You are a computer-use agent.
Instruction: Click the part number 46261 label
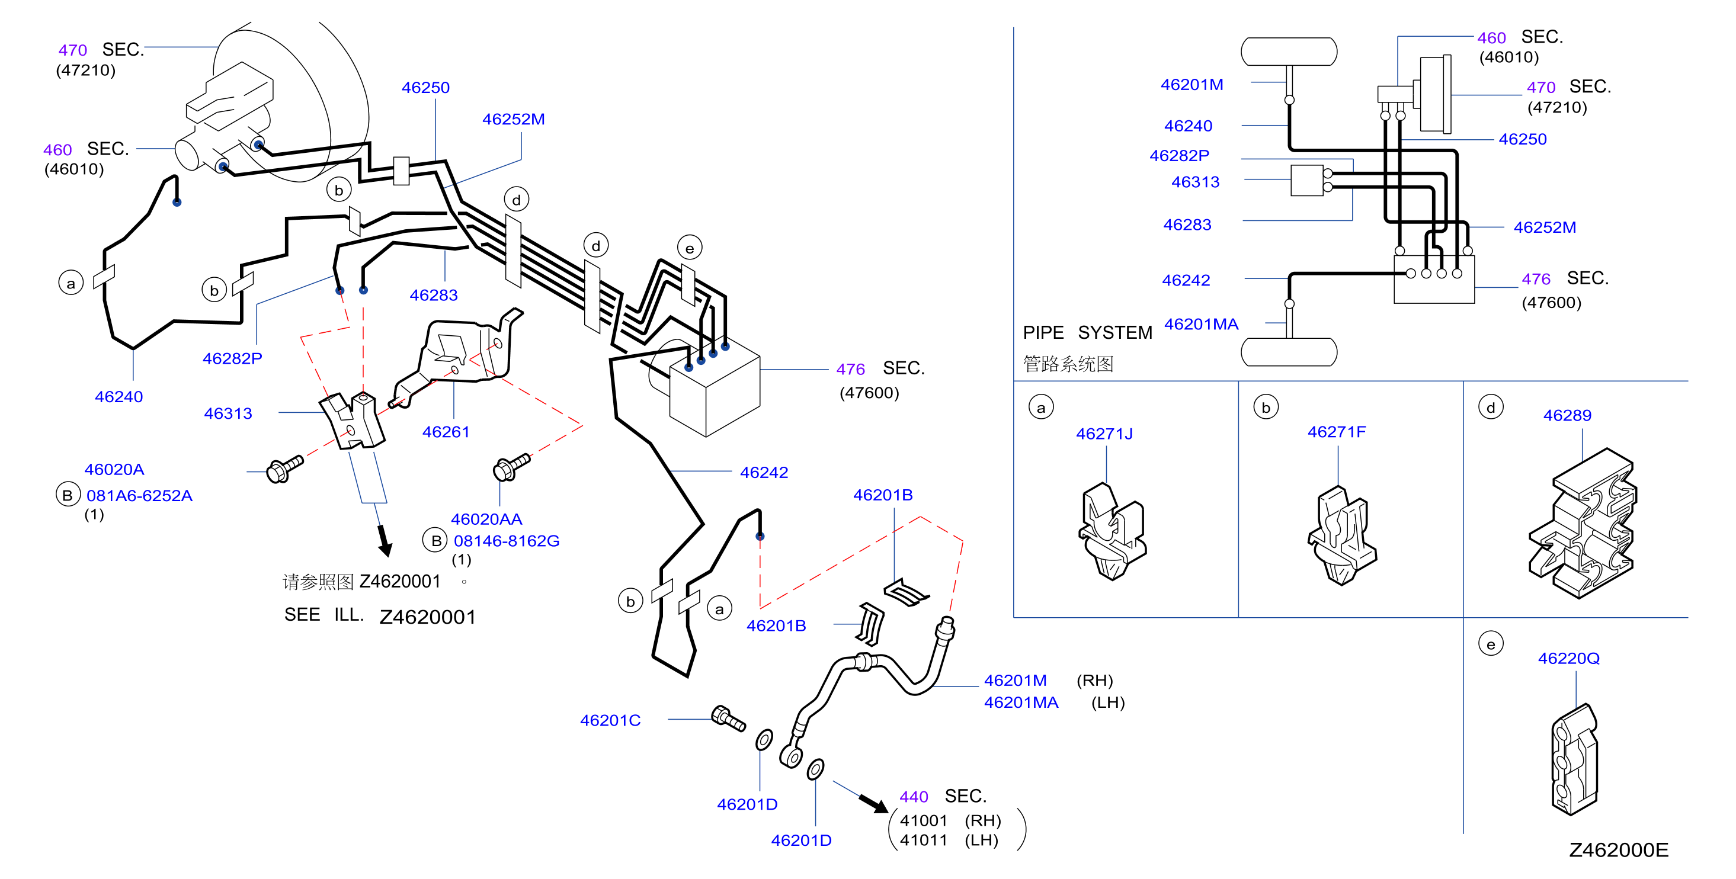tap(446, 432)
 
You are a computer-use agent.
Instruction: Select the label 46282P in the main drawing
tap(232, 358)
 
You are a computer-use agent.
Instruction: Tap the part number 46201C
tap(610, 720)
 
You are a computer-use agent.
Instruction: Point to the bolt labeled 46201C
tap(729, 718)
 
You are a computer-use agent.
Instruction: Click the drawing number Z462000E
tap(1618, 850)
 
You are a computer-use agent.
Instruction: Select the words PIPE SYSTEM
tap(1088, 333)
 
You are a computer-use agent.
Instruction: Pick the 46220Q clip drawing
tap(1574, 759)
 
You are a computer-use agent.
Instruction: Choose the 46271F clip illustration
tap(1342, 535)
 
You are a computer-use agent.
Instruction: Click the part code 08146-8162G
tap(506, 541)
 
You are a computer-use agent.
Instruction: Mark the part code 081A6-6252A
tap(139, 496)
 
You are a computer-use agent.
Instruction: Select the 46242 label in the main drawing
tap(764, 473)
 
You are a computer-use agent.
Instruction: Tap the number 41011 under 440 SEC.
tap(923, 840)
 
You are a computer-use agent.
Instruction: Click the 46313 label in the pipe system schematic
tap(1195, 182)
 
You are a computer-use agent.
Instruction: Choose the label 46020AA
tap(486, 519)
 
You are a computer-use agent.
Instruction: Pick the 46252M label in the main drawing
tap(514, 119)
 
